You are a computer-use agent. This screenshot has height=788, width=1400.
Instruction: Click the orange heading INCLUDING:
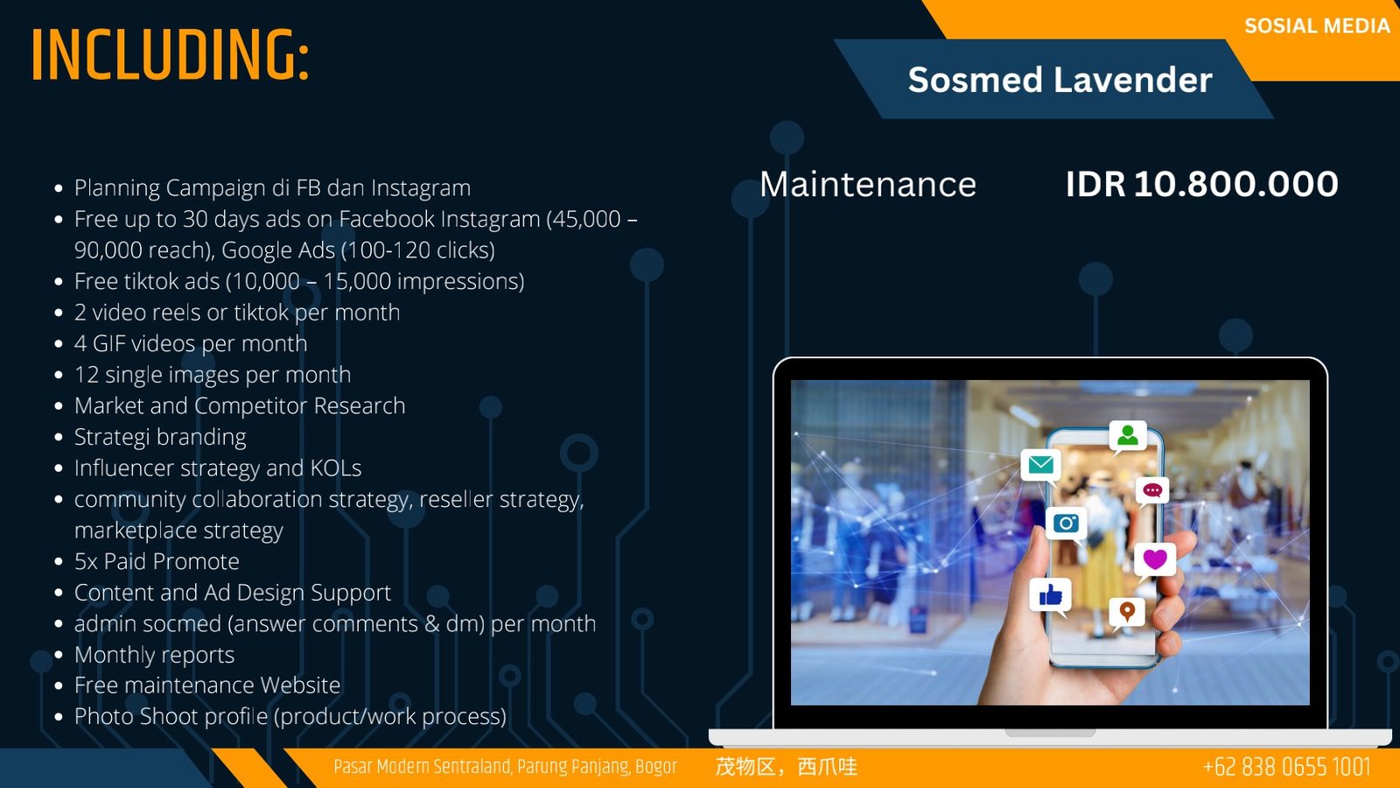tap(170, 55)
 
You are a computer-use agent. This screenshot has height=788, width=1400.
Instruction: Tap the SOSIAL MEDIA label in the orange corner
tap(1317, 25)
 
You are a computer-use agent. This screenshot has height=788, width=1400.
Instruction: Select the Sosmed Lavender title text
tap(1060, 80)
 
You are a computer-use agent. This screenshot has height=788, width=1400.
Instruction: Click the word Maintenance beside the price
tap(867, 185)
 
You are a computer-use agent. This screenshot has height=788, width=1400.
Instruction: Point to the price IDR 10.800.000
tap(1201, 185)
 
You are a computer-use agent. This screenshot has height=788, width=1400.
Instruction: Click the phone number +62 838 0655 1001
tap(1286, 766)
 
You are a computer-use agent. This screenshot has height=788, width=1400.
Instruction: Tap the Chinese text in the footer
tap(786, 766)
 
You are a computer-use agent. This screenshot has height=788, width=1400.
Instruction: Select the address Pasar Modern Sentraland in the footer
tap(505, 767)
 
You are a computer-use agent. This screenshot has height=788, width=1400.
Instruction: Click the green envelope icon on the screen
tap(1040, 465)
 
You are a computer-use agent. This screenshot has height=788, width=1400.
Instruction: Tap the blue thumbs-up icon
tap(1050, 595)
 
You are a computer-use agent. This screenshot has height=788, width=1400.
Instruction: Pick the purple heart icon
tap(1154, 559)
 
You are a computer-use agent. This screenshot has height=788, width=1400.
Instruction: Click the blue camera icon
tap(1066, 523)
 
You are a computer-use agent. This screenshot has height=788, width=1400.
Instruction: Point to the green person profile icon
tap(1128, 435)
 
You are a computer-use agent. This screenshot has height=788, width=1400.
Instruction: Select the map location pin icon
tap(1127, 611)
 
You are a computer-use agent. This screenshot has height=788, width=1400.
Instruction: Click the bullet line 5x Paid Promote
tap(157, 561)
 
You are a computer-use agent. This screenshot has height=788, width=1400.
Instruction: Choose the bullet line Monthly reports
tap(154, 655)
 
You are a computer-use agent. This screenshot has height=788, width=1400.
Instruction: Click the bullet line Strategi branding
tap(160, 437)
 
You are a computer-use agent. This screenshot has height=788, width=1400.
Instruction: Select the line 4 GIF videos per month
tap(191, 343)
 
